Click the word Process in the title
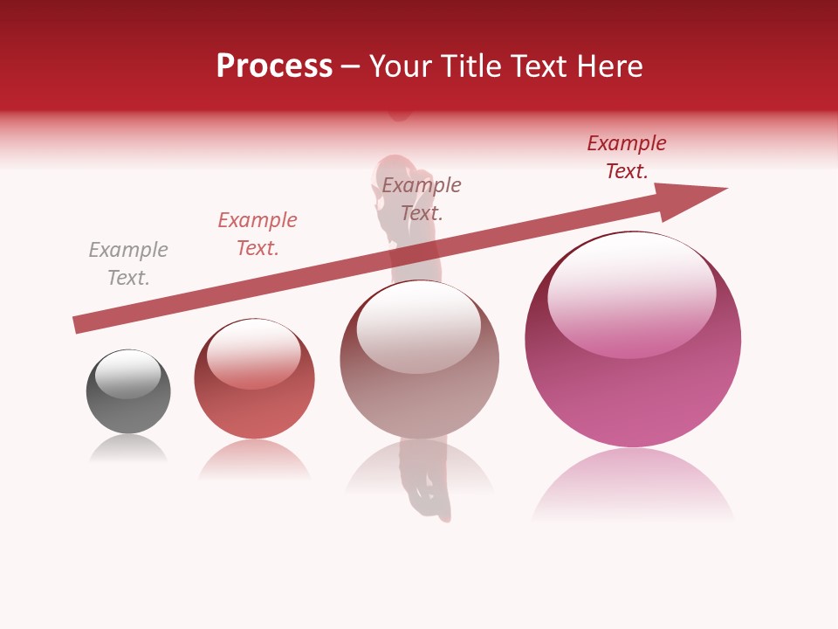[274, 66]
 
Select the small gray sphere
[128, 402]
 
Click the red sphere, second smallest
[254, 393]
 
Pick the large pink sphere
[633, 384]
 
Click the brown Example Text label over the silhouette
[422, 198]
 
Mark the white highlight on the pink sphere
[631, 293]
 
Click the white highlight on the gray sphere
[128, 373]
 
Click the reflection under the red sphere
[254, 459]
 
